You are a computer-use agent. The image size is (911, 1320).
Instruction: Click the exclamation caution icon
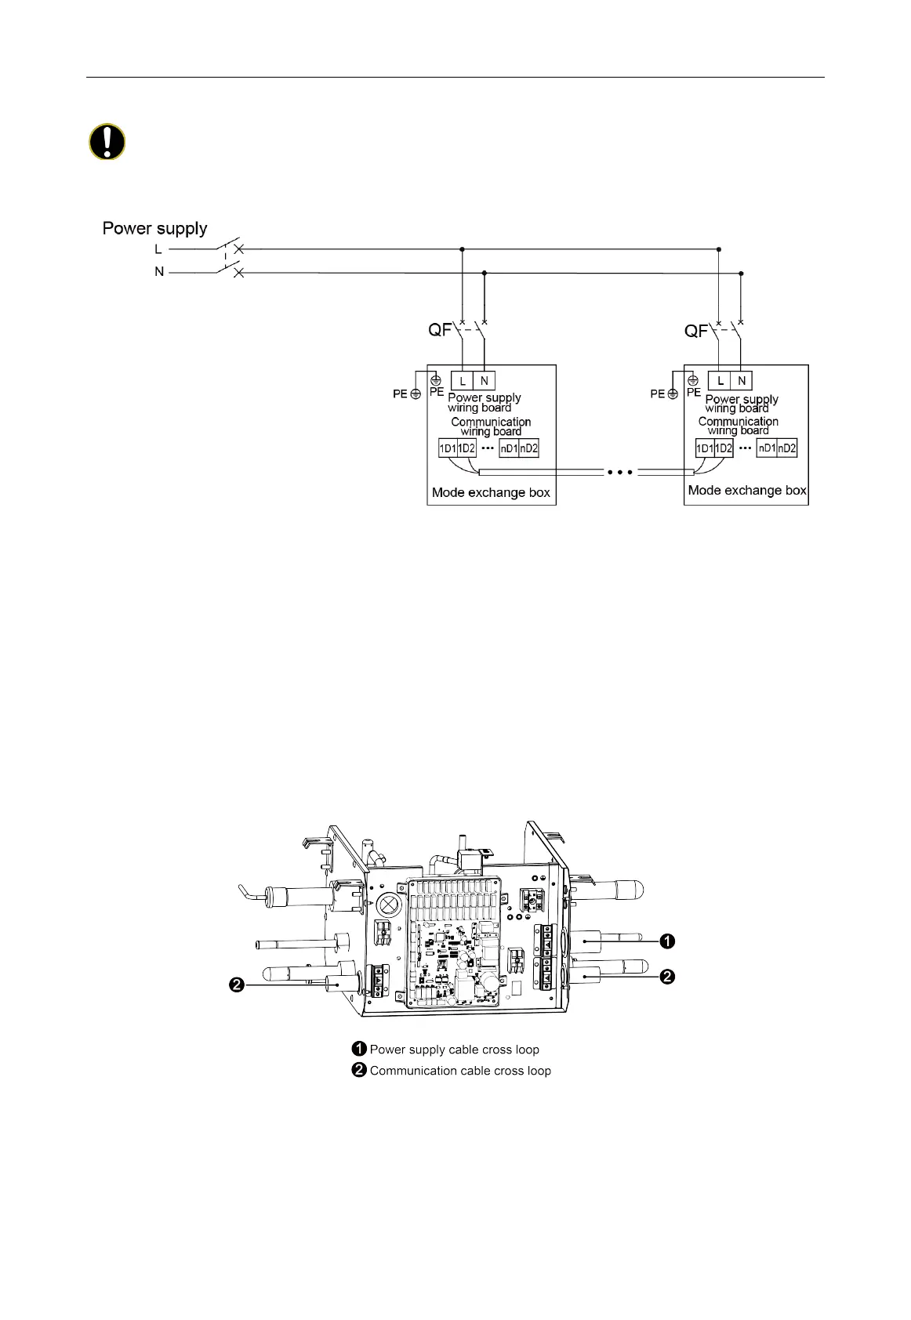[x=106, y=143]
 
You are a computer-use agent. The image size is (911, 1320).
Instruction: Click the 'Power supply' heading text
[x=155, y=229]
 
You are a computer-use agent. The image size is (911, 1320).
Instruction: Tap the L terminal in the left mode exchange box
[x=463, y=381]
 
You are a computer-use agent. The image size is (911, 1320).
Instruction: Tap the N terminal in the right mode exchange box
[x=741, y=381]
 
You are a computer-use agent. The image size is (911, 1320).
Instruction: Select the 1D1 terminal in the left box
[x=447, y=449]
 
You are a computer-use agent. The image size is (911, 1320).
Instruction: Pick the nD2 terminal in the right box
[x=786, y=449]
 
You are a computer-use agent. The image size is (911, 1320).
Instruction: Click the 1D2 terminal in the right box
[x=723, y=449]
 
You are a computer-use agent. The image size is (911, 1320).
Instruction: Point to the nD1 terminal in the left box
[x=509, y=449]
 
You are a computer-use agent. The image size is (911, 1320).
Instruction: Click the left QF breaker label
[x=439, y=330]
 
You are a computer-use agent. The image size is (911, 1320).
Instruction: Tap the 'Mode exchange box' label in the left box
[x=491, y=493]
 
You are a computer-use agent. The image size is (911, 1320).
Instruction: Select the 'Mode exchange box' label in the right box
[x=747, y=491]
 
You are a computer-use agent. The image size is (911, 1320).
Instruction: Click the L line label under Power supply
[x=158, y=249]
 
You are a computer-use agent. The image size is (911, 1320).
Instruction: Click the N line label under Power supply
[x=159, y=272]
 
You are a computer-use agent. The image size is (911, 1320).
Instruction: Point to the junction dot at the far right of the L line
[x=719, y=249]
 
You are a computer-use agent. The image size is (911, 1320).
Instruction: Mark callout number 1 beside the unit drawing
[x=667, y=941]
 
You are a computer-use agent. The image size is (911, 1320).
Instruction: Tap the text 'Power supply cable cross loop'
[x=454, y=1050]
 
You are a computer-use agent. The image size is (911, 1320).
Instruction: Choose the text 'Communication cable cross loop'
[x=460, y=1071]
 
